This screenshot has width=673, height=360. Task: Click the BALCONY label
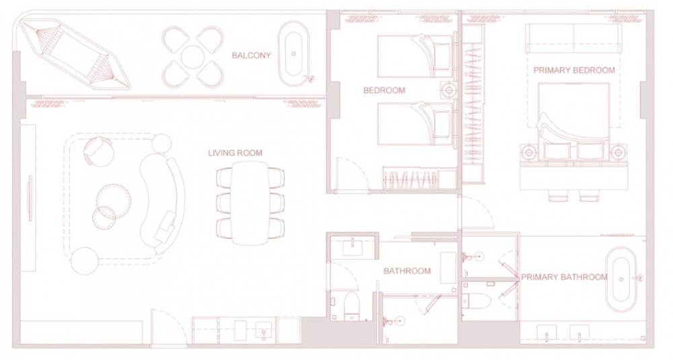[251, 55]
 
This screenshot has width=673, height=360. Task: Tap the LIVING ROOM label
[235, 153]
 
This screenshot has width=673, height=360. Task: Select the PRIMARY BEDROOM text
[574, 70]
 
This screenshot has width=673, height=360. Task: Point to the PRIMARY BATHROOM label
[564, 277]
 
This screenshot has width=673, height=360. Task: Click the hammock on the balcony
[75, 55]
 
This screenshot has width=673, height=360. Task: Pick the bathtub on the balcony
[294, 55]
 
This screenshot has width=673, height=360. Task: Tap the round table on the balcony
[192, 57]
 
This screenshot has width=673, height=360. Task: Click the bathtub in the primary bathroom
[621, 279]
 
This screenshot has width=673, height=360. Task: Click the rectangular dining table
[250, 203]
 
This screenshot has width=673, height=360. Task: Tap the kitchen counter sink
[262, 331]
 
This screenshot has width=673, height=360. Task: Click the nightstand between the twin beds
[449, 90]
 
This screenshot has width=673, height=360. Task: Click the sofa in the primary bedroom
[573, 38]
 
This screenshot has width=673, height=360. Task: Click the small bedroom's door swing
[352, 172]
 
